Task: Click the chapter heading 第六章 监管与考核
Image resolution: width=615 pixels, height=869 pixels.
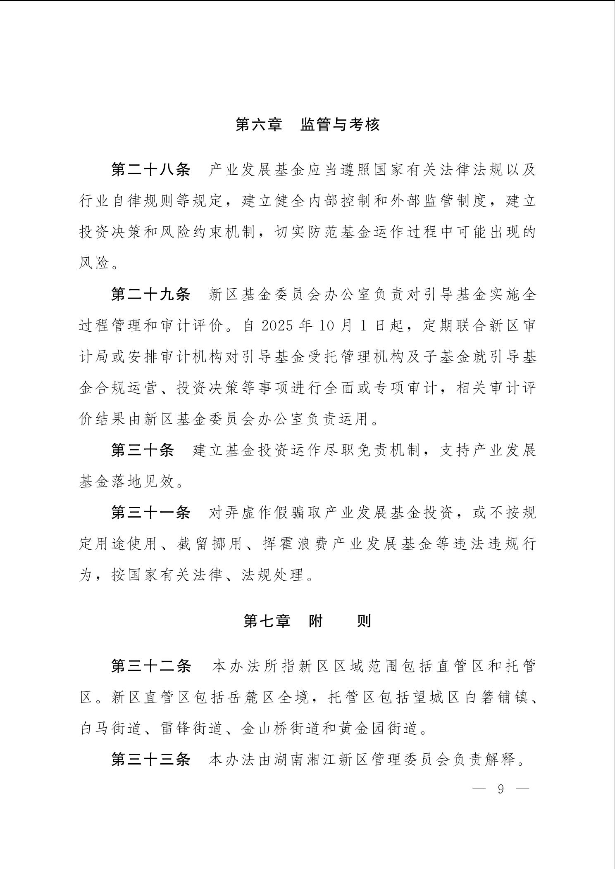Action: [x=307, y=124]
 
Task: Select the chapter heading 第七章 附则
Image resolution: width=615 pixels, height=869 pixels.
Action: [x=307, y=621]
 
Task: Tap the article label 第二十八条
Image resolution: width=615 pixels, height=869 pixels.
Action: [x=151, y=170]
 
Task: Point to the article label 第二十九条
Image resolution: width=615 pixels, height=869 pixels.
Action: [x=151, y=294]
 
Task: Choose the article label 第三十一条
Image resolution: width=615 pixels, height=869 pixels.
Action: [x=151, y=513]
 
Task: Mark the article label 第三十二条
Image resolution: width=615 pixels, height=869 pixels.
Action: [x=151, y=666]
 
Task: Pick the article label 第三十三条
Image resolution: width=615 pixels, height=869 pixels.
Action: [x=151, y=760]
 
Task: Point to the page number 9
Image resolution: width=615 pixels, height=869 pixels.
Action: [x=501, y=789]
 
